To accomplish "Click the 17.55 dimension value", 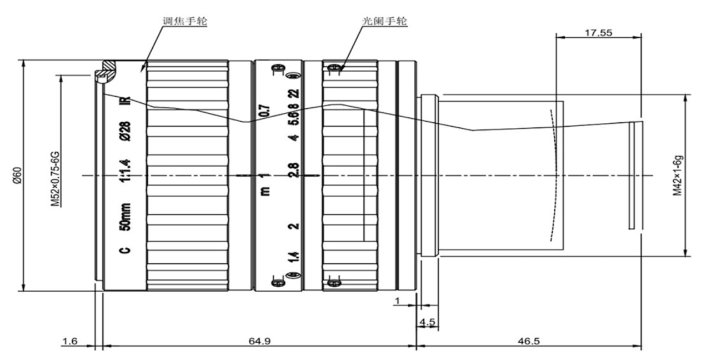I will pyautogui.click(x=598, y=33).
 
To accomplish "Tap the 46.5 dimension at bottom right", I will pyautogui.click(x=528, y=342).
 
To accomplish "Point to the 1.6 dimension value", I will pyautogui.click(x=70, y=342).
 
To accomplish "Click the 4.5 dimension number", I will pyautogui.click(x=427, y=322).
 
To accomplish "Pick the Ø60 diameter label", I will pyautogui.click(x=15, y=176).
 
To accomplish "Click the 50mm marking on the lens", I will pyautogui.click(x=126, y=217).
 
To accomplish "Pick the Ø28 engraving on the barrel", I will pyautogui.click(x=126, y=132).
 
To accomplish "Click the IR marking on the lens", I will pyautogui.click(x=126, y=101).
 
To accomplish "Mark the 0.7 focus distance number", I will pyautogui.click(x=265, y=111).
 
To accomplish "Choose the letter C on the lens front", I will pyautogui.click(x=126, y=249).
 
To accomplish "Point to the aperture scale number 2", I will pyautogui.click(x=294, y=225).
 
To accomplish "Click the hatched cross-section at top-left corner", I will pyautogui.click(x=107, y=71).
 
